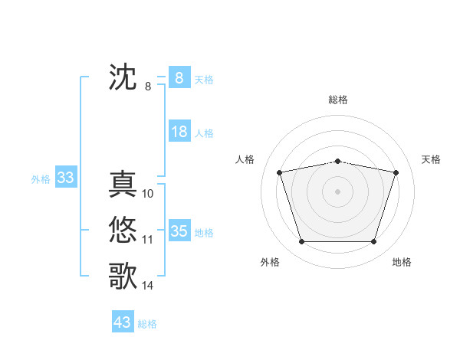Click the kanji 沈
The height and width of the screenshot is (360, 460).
click(123, 78)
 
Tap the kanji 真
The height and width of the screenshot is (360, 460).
click(123, 185)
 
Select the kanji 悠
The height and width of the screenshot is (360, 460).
click(123, 230)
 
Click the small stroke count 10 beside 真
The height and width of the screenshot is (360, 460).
click(148, 194)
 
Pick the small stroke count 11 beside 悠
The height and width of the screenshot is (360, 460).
click(148, 240)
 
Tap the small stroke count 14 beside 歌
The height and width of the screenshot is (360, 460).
click(148, 286)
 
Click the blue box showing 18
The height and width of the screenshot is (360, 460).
click(179, 132)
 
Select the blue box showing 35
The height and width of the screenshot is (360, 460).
click(179, 231)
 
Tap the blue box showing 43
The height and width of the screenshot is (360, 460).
click(123, 322)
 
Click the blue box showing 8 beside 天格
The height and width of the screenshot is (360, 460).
click(179, 77)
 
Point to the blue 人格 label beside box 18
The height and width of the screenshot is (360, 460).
click(204, 133)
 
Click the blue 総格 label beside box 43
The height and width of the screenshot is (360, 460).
click(147, 324)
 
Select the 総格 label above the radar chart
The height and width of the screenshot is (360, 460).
click(338, 100)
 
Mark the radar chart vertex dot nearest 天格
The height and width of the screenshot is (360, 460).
click(396, 172)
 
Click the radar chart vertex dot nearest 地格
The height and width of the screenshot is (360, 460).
click(373, 242)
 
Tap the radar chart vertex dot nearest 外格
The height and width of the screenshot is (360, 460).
click(301, 242)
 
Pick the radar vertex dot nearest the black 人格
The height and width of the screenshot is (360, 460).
click(279, 172)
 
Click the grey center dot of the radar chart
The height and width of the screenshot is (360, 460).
click(337, 191)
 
